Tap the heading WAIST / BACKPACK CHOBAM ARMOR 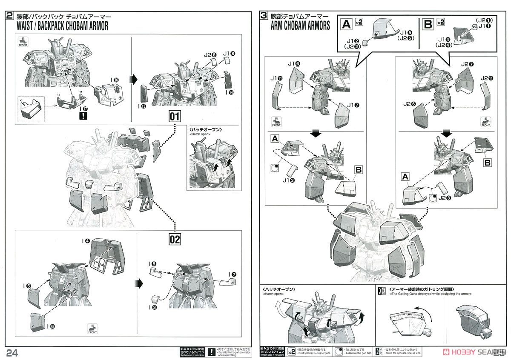[62, 26]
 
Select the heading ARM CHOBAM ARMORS [300, 26]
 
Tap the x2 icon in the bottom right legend [291, 351]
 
